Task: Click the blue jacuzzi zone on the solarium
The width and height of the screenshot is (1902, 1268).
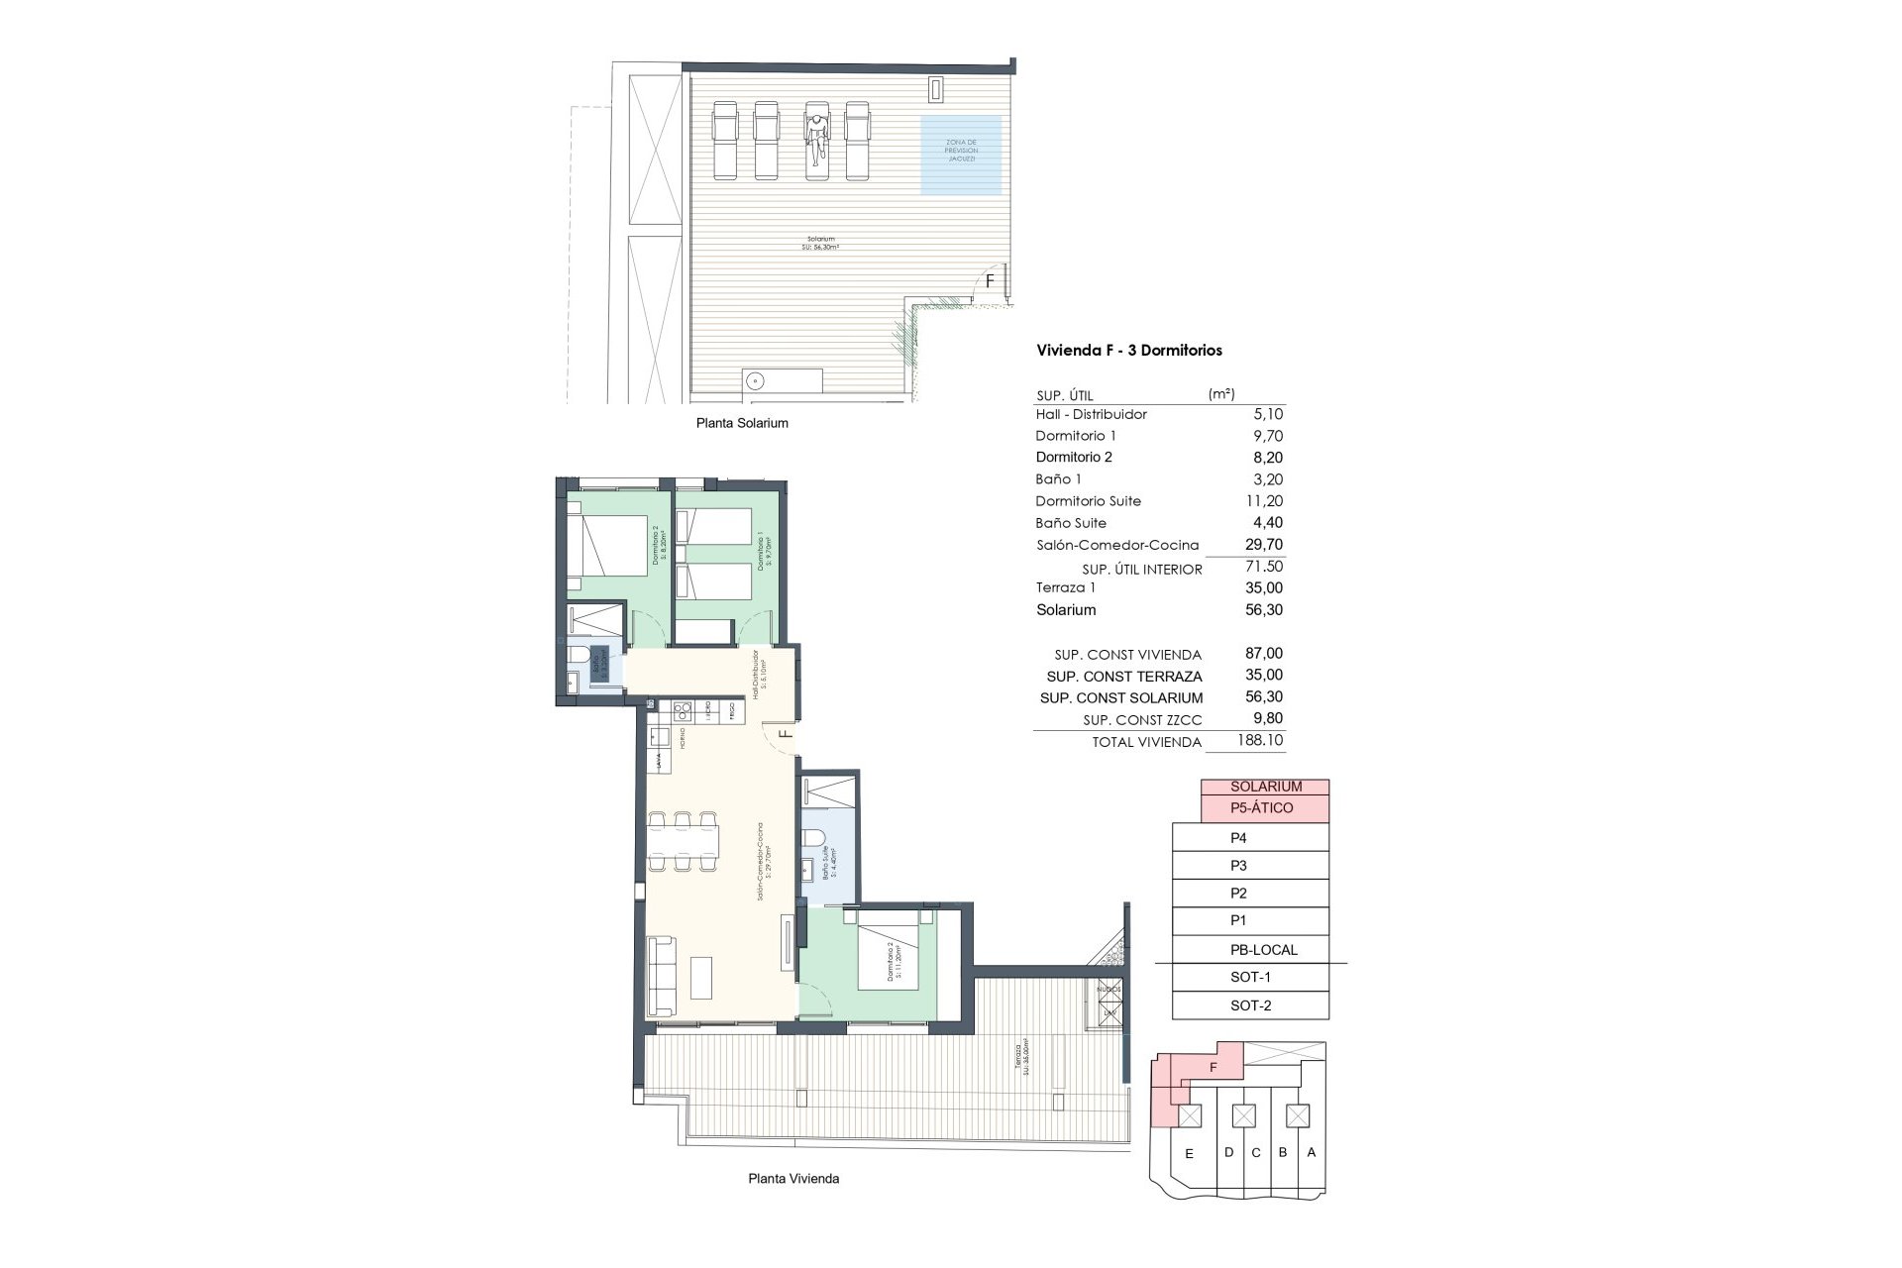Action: pyautogui.click(x=960, y=155)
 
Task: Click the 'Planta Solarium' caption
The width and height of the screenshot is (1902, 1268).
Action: pyautogui.click(x=742, y=423)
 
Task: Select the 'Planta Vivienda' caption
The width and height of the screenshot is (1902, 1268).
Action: pyautogui.click(x=793, y=1179)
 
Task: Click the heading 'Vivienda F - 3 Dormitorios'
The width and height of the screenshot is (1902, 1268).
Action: pyautogui.click(x=1128, y=351)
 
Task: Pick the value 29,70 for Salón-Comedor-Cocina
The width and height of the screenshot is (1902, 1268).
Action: pyautogui.click(x=1263, y=545)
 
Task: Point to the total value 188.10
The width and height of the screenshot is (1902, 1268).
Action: pyautogui.click(x=1259, y=740)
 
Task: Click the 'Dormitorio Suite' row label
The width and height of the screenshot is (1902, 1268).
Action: pyautogui.click(x=1088, y=501)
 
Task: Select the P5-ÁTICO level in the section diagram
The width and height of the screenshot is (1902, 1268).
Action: pyautogui.click(x=1264, y=808)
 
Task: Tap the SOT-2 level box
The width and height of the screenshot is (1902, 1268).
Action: pyautogui.click(x=1250, y=1005)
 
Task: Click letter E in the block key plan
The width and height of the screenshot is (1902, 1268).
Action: pyautogui.click(x=1190, y=1154)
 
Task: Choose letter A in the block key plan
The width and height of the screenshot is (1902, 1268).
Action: pyautogui.click(x=1312, y=1152)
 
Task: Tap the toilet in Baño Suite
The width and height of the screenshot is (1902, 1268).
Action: pyautogui.click(x=813, y=841)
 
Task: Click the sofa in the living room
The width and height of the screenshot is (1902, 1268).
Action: pyautogui.click(x=661, y=976)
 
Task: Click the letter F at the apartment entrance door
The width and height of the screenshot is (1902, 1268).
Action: pyautogui.click(x=785, y=734)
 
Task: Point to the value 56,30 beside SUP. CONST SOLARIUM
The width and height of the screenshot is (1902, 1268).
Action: pyautogui.click(x=1263, y=697)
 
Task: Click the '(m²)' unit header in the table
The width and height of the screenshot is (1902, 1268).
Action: pyautogui.click(x=1221, y=394)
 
